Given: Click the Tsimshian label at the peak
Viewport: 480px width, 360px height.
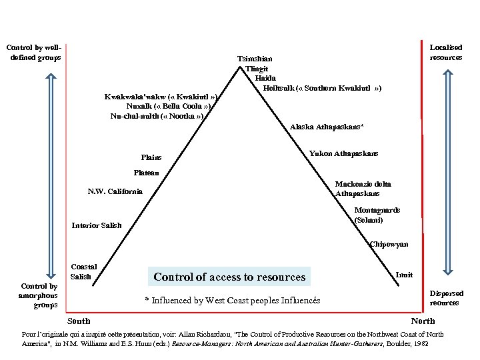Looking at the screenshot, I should point(255,59).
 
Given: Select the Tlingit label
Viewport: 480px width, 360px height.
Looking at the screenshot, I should point(257,69).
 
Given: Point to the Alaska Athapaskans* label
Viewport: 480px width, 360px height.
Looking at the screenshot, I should point(327,127).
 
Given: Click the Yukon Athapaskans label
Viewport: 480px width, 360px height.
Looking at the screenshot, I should point(343,153).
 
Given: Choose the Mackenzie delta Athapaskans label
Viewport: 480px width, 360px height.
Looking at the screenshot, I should point(363,189).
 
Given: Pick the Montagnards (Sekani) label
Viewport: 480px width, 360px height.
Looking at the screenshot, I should point(377,215).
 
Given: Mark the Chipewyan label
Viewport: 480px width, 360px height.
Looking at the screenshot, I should point(389,245).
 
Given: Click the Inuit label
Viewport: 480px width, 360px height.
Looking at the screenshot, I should point(404,275).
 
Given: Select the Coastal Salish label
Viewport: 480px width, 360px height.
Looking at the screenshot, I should point(83,271).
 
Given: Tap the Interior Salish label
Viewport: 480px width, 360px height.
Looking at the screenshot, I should point(97,225).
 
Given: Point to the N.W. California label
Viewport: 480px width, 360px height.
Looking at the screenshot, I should point(115,192).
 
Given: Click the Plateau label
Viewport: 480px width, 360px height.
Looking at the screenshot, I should point(146,173).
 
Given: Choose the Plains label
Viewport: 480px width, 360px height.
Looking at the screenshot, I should point(151,157).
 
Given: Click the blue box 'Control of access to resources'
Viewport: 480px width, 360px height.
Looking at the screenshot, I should point(229,277).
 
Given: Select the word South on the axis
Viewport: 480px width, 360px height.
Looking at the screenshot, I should point(79,321).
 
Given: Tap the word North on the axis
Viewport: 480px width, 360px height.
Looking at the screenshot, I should point(423,321).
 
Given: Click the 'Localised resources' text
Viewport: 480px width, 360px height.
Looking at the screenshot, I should point(446,53).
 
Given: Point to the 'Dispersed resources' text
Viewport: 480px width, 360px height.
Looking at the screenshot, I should point(447,298).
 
